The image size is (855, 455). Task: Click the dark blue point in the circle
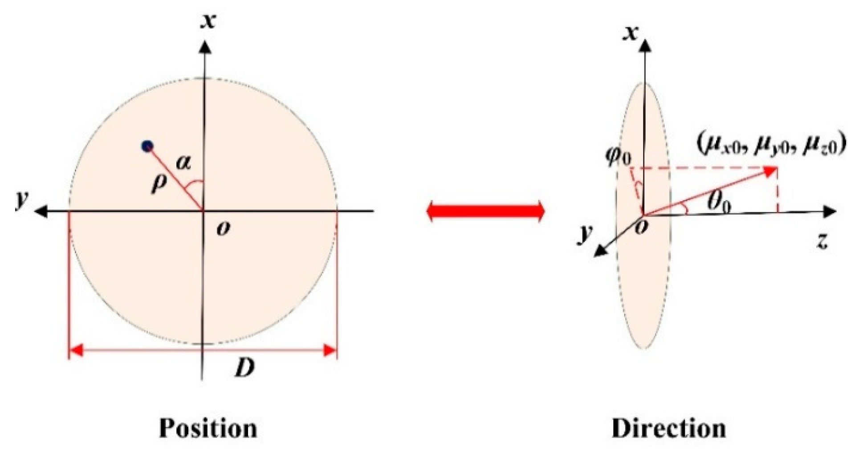click(x=147, y=146)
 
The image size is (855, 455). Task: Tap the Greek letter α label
click(x=183, y=162)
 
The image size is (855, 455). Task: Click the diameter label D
click(x=244, y=368)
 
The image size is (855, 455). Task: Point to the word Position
click(x=208, y=428)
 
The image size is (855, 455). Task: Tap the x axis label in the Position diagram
click(x=208, y=20)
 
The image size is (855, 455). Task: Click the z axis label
click(x=822, y=240)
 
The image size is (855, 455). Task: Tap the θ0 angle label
click(x=718, y=205)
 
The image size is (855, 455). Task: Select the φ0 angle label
click(x=619, y=157)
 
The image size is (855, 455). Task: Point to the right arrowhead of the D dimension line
click(x=330, y=351)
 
